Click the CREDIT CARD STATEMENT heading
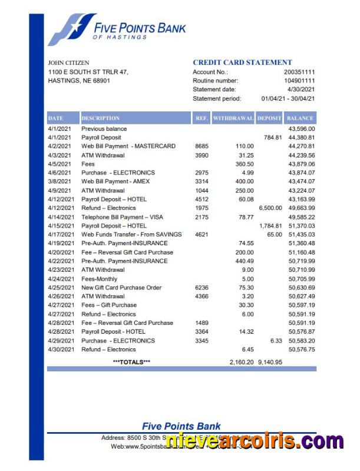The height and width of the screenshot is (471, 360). (x=242, y=62)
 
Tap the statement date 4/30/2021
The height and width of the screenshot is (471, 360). (x=302, y=89)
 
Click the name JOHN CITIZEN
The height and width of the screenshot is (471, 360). (x=68, y=62)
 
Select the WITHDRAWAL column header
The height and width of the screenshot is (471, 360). (x=233, y=118)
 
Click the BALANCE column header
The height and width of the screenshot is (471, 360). (x=300, y=118)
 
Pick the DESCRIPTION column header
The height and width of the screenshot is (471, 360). (x=101, y=118)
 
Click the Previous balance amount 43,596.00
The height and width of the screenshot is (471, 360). (x=301, y=129)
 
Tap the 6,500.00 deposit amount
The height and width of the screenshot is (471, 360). (x=270, y=207)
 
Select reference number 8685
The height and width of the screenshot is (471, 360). (x=201, y=146)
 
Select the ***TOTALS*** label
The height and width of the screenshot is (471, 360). (x=131, y=362)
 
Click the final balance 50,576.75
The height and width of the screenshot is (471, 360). (x=301, y=349)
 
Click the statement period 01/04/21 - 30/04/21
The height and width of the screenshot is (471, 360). (x=288, y=98)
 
